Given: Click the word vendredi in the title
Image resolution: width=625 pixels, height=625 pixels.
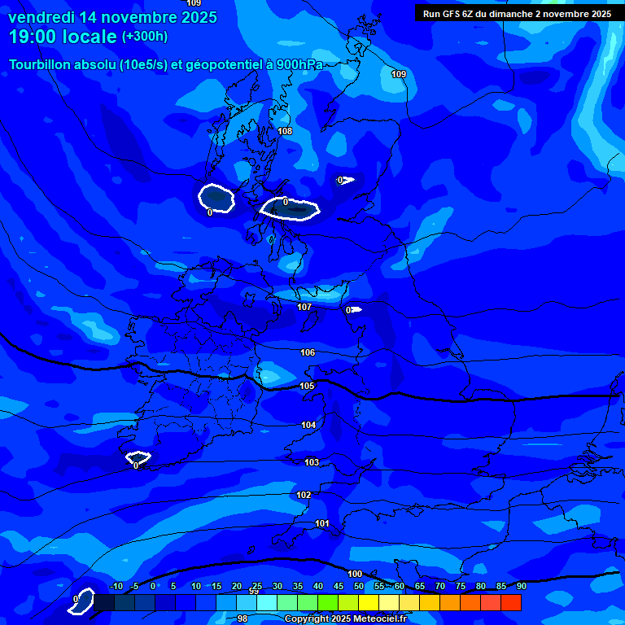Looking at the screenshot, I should (x=41, y=17).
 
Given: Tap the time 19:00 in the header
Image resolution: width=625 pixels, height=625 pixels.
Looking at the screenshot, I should (x=34, y=37).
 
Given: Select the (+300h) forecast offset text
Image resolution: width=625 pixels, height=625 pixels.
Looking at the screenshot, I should (x=145, y=37).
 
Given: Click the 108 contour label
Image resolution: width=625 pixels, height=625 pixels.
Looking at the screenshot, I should (x=285, y=131).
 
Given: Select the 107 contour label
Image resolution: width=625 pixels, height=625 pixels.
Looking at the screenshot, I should (x=304, y=307).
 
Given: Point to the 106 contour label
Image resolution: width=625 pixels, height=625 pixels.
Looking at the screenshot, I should (x=308, y=352).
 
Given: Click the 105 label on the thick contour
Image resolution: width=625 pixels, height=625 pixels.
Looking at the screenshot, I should (x=307, y=386).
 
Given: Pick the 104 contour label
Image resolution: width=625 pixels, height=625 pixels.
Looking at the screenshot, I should (x=308, y=425).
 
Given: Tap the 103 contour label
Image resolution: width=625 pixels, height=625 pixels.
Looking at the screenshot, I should (x=312, y=462).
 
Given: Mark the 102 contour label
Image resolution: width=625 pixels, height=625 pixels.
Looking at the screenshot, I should (x=304, y=495).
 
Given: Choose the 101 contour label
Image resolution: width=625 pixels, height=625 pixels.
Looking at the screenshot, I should (x=322, y=523).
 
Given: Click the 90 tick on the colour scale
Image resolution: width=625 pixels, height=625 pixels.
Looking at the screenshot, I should (x=521, y=586).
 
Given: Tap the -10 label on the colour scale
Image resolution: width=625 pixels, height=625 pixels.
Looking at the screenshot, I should (x=116, y=586).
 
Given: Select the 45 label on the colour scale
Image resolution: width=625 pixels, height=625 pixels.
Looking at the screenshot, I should (x=339, y=586).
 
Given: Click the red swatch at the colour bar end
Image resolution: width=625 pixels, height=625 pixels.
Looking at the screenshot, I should (x=510, y=602).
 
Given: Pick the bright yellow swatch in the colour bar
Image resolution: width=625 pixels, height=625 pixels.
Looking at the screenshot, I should (x=368, y=602).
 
